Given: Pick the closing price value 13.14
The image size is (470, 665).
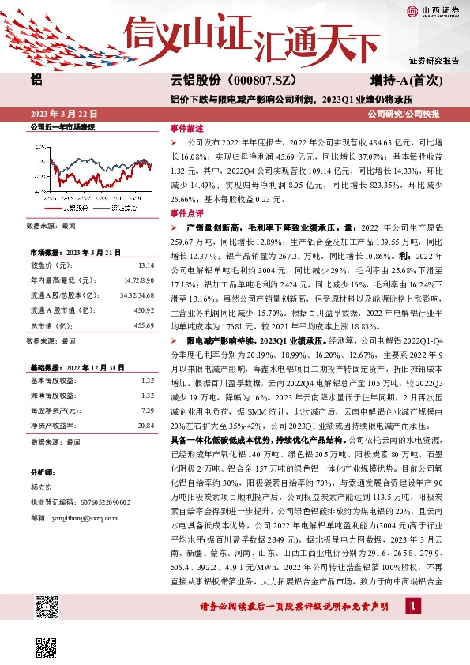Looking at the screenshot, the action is [x=145, y=265].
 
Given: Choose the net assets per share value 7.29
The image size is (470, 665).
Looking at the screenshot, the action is [x=147, y=411].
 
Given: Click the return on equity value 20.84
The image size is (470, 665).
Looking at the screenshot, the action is [x=145, y=425].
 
